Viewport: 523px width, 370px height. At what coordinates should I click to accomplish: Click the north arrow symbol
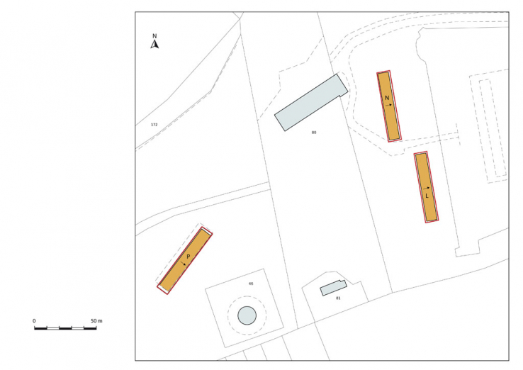click(155, 45)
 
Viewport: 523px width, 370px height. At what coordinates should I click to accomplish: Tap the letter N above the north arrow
click(155, 35)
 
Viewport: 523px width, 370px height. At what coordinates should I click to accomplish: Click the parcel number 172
click(154, 124)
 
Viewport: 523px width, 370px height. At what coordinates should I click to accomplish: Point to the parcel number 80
click(313, 133)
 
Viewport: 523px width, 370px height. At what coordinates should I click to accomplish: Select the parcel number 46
click(250, 284)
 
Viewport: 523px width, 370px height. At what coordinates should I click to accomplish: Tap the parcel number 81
click(338, 298)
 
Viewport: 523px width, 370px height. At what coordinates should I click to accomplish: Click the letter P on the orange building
click(188, 256)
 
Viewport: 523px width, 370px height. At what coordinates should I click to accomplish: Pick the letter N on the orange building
click(387, 97)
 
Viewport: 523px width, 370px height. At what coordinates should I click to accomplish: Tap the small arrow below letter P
click(184, 262)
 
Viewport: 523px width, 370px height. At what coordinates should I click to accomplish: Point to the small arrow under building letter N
click(389, 103)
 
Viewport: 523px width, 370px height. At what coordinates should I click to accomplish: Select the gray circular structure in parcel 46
click(247, 315)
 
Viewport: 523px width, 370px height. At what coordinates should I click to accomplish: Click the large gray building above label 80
click(311, 102)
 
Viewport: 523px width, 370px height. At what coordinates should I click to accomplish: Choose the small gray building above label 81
click(332, 288)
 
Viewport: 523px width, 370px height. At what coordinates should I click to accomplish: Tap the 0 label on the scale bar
click(34, 321)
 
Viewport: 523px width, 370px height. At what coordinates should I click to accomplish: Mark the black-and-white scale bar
click(66, 328)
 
